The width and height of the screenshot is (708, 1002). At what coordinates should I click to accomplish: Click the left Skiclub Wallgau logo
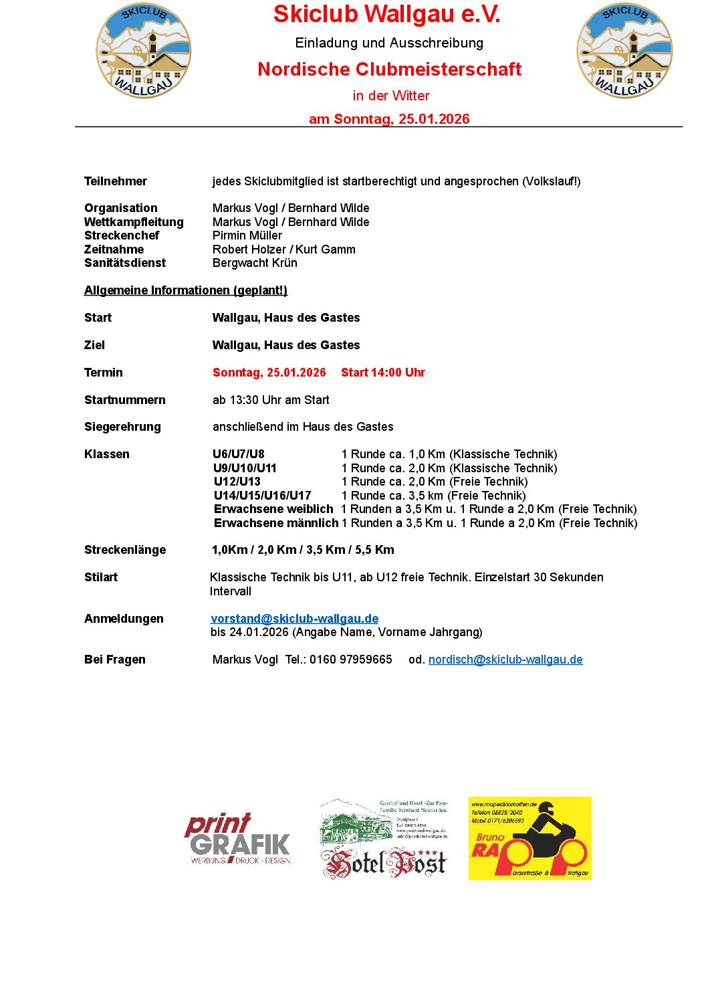(143, 51)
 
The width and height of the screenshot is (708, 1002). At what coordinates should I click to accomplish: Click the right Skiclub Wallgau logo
(624, 51)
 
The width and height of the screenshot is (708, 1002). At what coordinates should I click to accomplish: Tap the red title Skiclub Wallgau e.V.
(386, 14)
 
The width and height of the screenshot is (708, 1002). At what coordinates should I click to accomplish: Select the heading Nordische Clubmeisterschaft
(389, 69)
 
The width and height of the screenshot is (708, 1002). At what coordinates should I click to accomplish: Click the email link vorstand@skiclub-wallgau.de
(294, 619)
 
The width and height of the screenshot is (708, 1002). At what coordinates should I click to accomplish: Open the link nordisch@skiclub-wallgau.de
(505, 660)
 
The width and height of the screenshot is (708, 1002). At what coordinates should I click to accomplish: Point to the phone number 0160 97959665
(350, 660)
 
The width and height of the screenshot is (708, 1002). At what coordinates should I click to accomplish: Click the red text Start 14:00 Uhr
(382, 373)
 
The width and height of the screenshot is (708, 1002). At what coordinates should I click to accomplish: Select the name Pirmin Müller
(247, 235)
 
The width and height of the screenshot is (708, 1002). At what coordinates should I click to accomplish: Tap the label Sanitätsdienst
(125, 263)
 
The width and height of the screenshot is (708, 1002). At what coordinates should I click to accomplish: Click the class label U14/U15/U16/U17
(262, 496)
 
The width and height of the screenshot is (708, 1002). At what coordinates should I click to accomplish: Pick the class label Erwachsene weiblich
(273, 509)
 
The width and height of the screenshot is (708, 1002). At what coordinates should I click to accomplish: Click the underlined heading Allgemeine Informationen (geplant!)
(186, 290)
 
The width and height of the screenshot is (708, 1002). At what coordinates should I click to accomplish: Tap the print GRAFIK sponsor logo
(239, 839)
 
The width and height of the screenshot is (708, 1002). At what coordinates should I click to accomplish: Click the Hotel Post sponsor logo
(384, 839)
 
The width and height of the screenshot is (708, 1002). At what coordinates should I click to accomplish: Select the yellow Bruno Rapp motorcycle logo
(529, 838)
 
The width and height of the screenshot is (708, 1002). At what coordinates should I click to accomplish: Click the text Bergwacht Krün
(255, 263)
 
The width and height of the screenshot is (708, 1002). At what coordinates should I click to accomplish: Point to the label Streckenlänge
(125, 550)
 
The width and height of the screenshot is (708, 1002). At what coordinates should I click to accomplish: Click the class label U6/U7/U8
(239, 454)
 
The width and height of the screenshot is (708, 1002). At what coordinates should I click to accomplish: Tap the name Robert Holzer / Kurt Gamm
(283, 249)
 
